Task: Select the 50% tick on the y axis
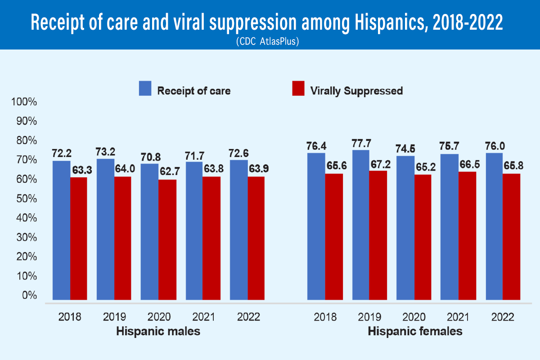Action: pyautogui.click(x=26, y=199)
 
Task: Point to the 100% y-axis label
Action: pyautogui.click(x=24, y=102)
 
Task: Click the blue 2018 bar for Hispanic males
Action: pyautogui.click(x=62, y=230)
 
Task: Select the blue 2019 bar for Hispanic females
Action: pyautogui.click(x=360, y=225)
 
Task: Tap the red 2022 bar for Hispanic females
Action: pyautogui.click(x=512, y=237)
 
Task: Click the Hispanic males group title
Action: pyautogui.click(x=158, y=332)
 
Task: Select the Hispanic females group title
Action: pyautogui.click(x=415, y=332)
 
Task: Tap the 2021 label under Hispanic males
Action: pyautogui.click(x=202, y=317)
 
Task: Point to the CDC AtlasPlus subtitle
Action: pyautogui.click(x=270, y=41)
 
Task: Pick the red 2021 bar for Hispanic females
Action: pyautogui.click(x=468, y=236)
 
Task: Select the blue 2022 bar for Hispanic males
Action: pyautogui.click(x=238, y=229)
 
